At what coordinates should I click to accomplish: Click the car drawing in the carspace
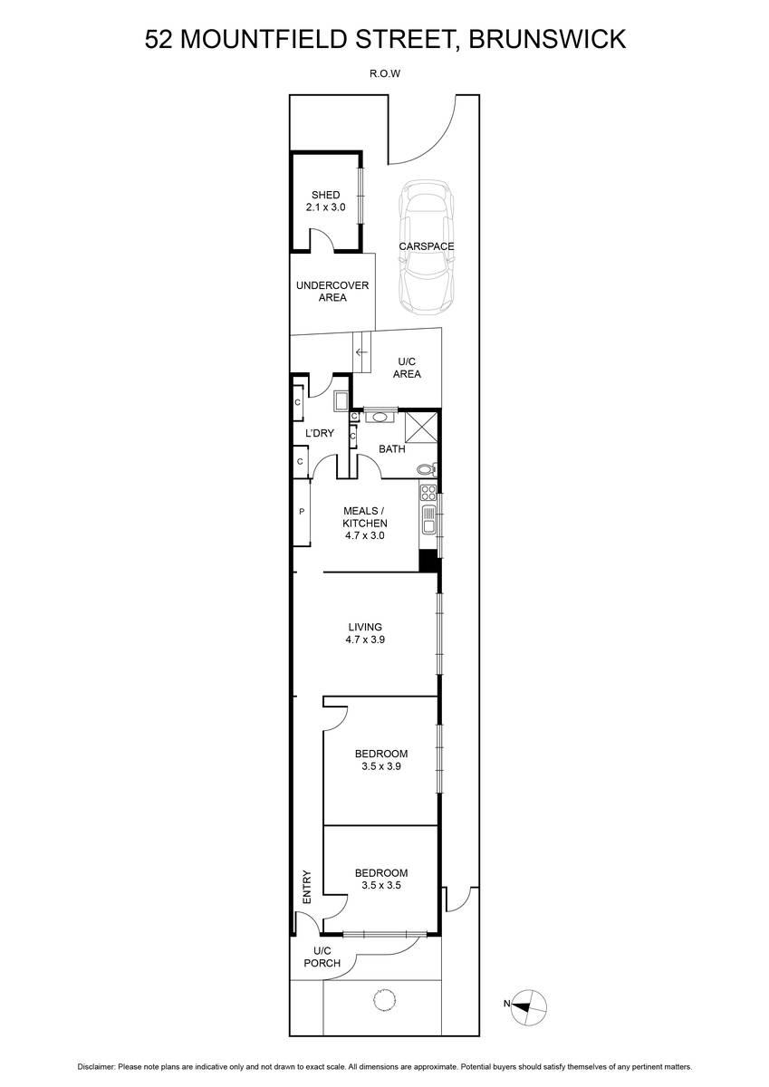tap(427, 248)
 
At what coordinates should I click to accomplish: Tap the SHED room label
tap(325, 195)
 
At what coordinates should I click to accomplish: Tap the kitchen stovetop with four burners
tap(428, 493)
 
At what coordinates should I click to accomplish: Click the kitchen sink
tap(429, 520)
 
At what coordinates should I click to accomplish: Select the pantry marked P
tap(302, 512)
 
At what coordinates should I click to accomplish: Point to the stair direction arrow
tap(361, 352)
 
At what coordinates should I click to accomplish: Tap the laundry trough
tap(341, 401)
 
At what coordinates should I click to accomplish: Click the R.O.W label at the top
tap(385, 74)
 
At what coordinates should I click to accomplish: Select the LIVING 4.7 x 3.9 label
tap(365, 633)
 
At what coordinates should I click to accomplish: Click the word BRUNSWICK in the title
tap(547, 39)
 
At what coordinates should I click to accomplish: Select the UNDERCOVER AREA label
tap(332, 291)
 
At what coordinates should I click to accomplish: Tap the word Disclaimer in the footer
tap(97, 1067)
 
